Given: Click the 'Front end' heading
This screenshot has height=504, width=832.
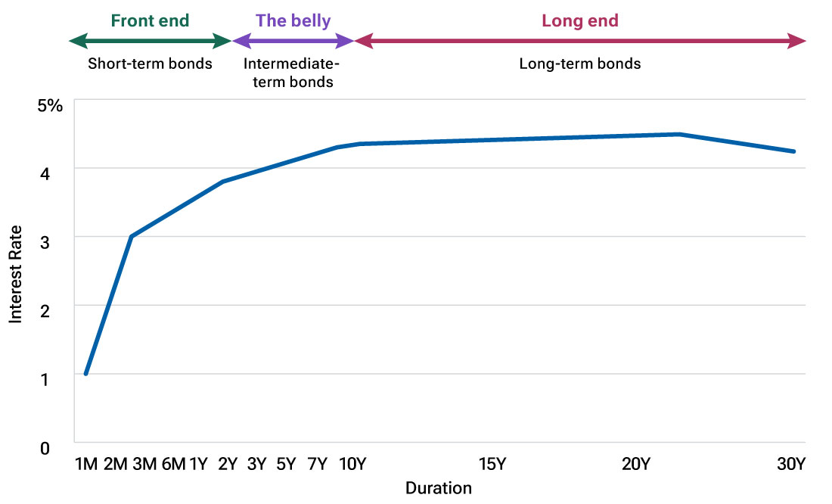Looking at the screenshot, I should click(x=150, y=20).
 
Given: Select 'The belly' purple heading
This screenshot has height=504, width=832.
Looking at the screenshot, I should click(x=293, y=20).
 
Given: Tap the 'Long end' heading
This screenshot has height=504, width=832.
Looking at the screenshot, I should click(x=580, y=20).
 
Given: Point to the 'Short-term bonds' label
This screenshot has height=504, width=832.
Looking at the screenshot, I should click(x=150, y=64).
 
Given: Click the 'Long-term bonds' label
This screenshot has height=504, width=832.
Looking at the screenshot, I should click(x=580, y=64).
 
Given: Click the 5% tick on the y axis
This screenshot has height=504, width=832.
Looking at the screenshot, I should click(x=50, y=104).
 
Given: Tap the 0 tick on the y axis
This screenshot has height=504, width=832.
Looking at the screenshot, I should click(x=45, y=448).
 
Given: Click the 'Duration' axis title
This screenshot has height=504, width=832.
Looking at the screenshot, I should click(x=438, y=488).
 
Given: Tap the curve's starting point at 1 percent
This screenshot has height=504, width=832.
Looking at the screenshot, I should click(x=86, y=374).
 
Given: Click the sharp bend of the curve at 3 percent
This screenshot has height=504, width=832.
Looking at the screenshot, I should click(x=131, y=237).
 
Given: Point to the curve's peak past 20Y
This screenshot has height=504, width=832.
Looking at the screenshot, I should click(x=680, y=135).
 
